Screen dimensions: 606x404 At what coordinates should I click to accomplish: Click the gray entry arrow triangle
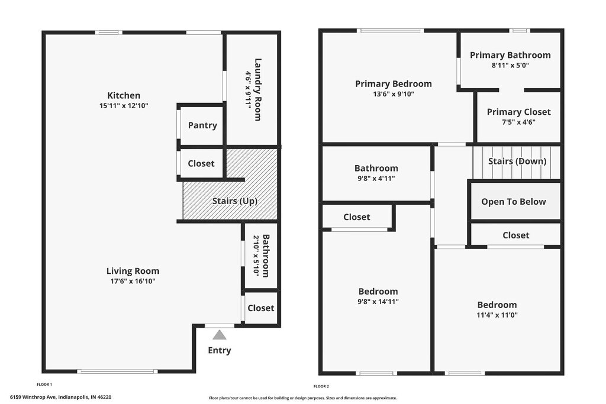point(220,335)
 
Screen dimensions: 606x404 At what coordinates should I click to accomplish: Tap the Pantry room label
point(202,125)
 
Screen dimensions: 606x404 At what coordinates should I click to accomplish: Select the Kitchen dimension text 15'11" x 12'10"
point(124,105)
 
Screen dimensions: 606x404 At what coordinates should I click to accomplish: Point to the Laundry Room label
point(258,89)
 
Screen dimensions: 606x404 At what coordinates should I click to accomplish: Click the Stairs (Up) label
point(235,201)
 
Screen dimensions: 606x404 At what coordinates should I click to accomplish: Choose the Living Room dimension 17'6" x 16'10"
point(133,281)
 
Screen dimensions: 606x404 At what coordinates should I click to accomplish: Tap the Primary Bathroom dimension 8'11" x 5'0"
point(510,65)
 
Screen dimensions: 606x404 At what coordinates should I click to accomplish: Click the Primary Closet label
point(518,112)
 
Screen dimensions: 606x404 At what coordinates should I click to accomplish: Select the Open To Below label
point(514,202)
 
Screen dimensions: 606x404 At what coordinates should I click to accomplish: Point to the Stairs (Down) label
point(517,161)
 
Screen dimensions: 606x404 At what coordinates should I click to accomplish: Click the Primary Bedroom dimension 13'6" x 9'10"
point(394,94)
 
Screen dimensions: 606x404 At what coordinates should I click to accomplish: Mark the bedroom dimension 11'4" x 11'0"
point(497,315)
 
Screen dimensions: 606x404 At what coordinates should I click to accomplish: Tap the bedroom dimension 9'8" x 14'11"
point(378,302)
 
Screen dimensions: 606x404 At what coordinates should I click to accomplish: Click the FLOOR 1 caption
point(44,384)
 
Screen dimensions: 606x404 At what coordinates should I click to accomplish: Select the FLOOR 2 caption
point(321,386)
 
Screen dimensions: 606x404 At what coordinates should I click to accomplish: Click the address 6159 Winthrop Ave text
point(34,397)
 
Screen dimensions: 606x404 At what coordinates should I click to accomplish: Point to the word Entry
point(220,350)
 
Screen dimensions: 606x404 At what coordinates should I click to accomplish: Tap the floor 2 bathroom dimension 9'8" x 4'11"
point(376,179)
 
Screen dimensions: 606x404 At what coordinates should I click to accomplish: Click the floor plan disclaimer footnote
point(303,398)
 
